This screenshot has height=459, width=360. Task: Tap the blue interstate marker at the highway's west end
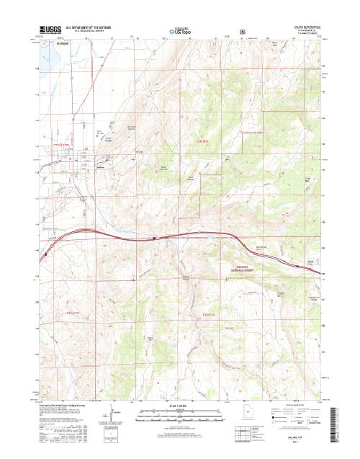click(45, 253)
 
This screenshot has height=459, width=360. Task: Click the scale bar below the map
click(179, 412)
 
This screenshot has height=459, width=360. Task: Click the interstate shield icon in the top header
click(243, 32)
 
